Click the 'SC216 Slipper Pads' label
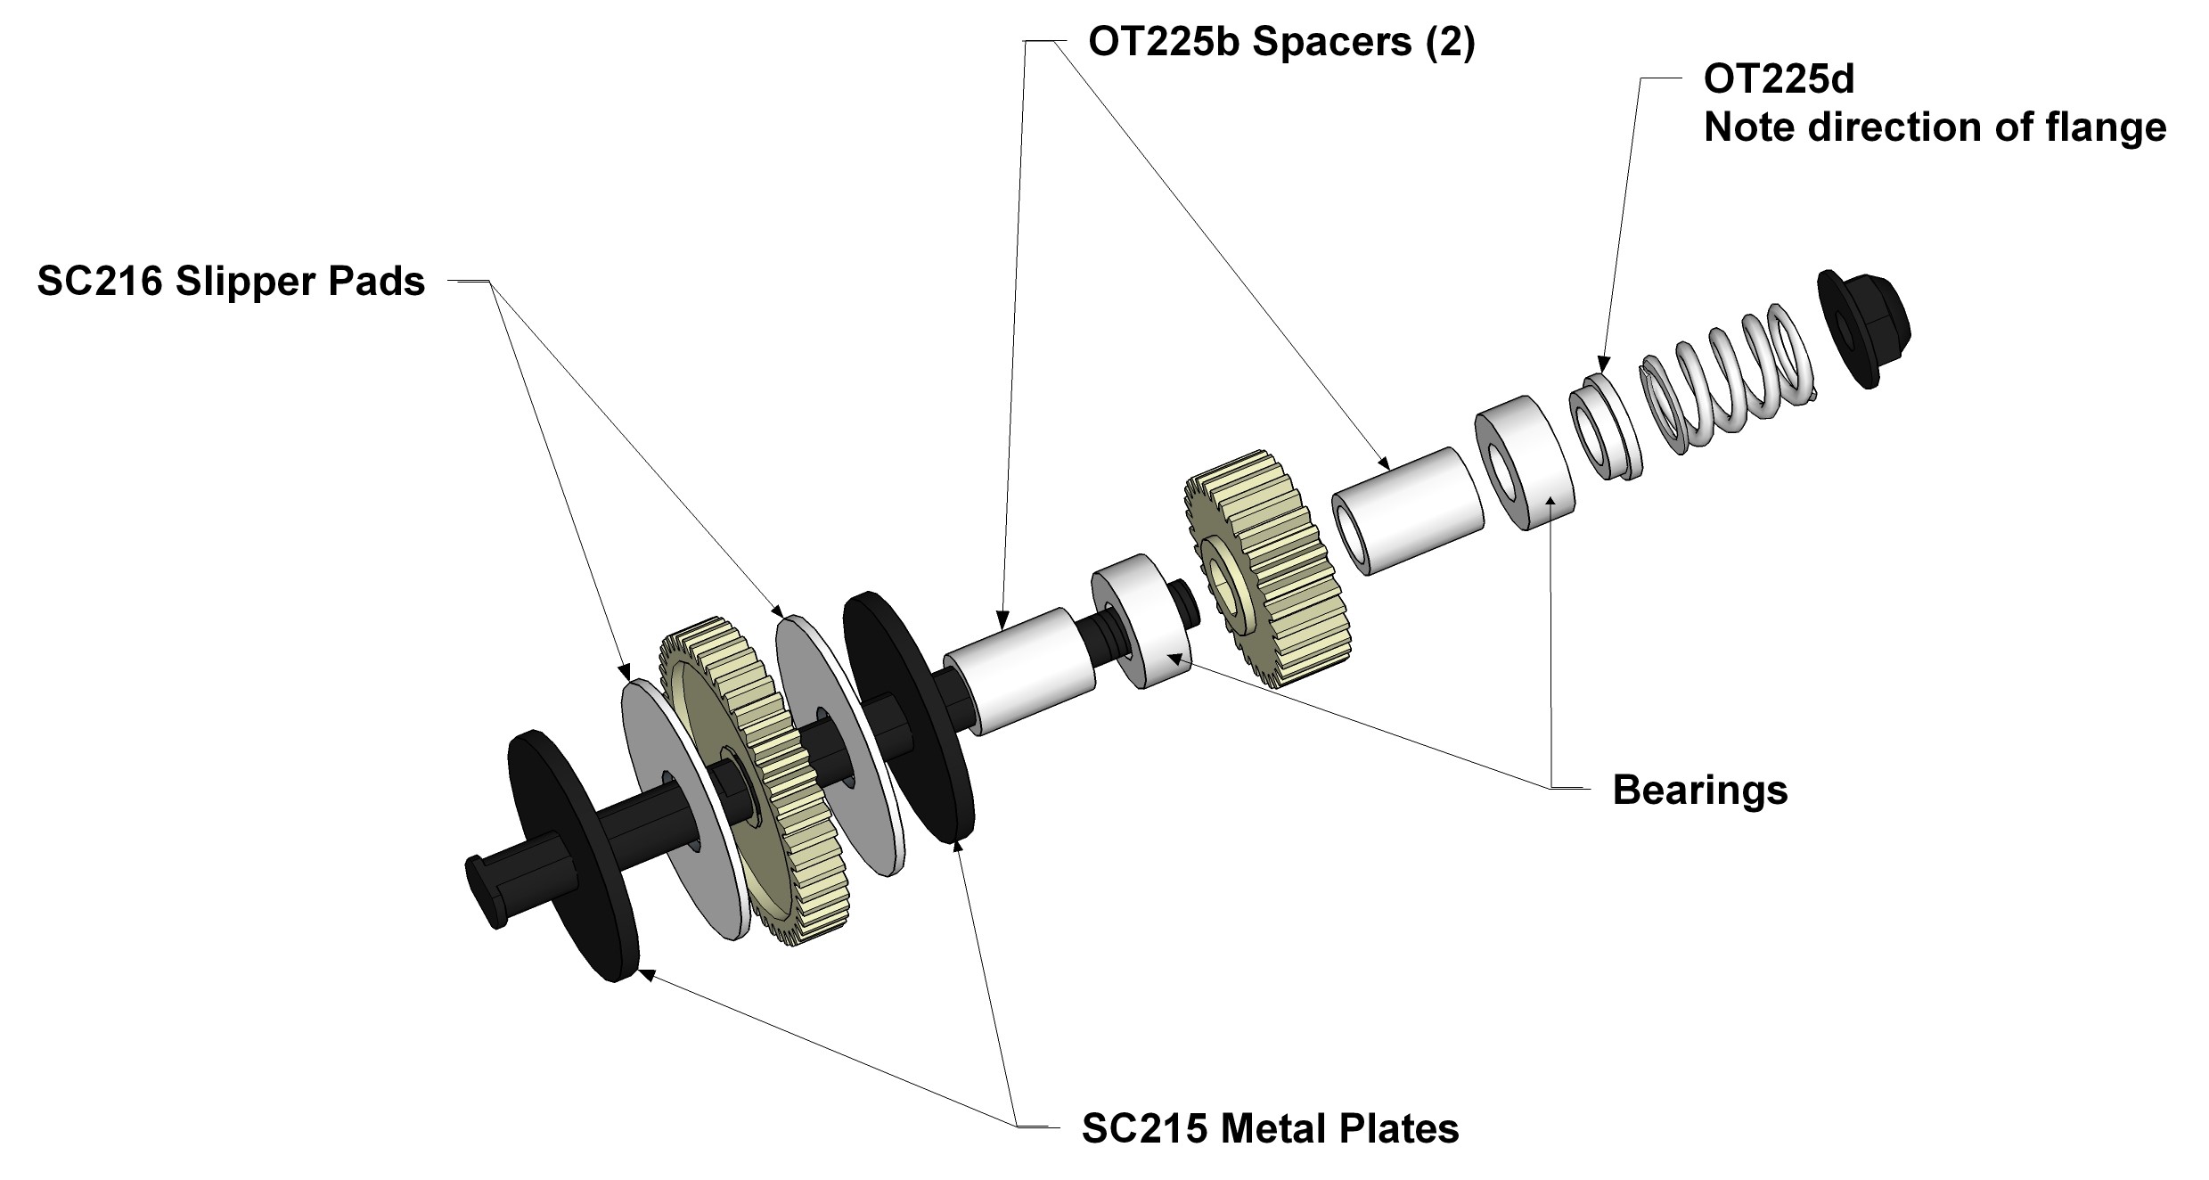pos(231,283)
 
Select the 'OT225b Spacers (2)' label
pos(1281,43)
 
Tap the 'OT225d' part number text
pos(1779,79)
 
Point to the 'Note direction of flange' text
pos(1935,127)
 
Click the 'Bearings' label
pos(1700,790)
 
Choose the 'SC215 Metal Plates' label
pos(1270,1128)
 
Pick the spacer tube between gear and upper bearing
pos(1408,512)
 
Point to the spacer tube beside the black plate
pos(1019,670)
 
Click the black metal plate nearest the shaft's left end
pos(574,856)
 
